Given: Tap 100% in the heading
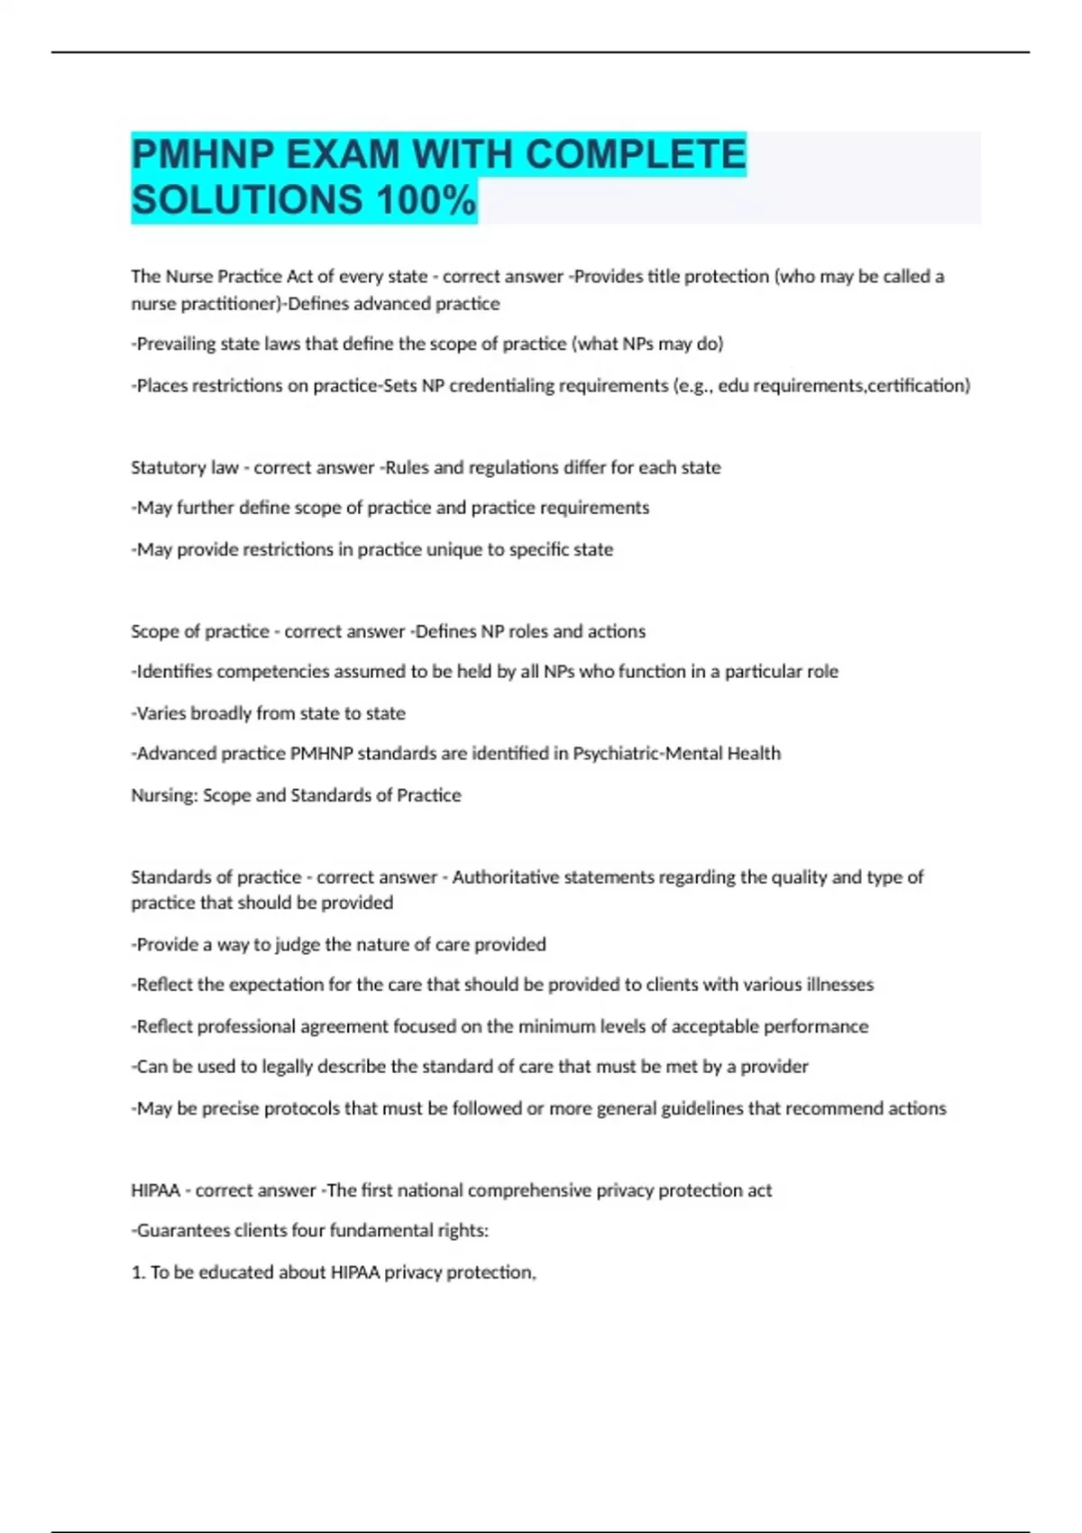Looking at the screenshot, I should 425,200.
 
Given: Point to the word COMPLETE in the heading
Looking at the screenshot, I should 636,154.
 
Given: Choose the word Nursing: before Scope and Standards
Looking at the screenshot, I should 163,795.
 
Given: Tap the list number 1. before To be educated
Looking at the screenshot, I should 138,1272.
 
